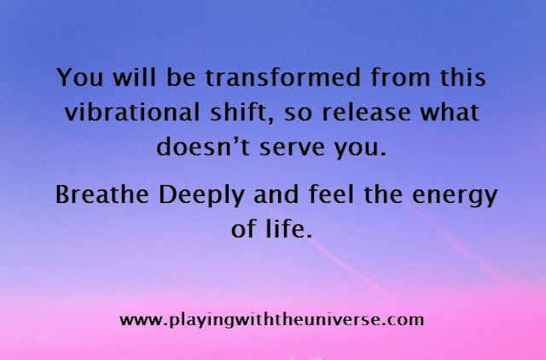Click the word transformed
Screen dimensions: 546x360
pos(282,77)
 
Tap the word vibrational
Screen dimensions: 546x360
pos(132,112)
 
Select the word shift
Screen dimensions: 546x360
pos(239,112)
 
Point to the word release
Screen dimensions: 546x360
pos(366,112)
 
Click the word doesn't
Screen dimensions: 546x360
pos(203,146)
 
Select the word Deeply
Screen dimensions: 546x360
pos(201,195)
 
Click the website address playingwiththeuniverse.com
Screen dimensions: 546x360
pos(271,320)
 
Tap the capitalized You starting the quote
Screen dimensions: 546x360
pos(79,77)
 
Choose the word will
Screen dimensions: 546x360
pos(134,77)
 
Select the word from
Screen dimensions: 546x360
pos(400,77)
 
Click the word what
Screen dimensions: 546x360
pos(450,112)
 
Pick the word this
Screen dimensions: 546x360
pos(462,77)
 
